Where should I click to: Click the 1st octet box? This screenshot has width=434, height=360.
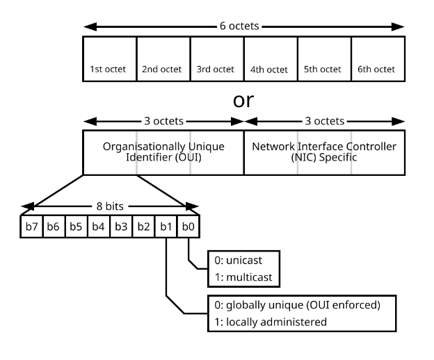coord(110,59)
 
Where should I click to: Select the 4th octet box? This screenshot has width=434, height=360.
coord(271,59)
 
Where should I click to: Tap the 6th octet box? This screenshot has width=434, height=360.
coord(378,59)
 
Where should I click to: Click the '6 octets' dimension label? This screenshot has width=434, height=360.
coord(239,26)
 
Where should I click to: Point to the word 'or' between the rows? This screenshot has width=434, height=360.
coord(243,100)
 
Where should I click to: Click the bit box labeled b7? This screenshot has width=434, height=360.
coord(31,227)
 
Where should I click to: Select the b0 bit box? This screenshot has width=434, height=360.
coord(188,227)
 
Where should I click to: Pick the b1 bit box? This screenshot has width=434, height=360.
coord(166,227)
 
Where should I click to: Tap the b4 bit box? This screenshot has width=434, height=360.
coord(99,227)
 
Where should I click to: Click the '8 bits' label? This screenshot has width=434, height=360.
coord(110,206)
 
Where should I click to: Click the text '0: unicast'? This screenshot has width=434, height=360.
coord(238,261)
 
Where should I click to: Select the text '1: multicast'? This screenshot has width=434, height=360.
coord(243,277)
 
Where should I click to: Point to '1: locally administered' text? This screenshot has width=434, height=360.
coord(271,322)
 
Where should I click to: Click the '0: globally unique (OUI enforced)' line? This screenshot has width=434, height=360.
coord(297,305)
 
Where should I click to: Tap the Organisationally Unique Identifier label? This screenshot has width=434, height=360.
coord(163,152)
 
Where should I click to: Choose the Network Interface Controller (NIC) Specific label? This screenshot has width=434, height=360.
coord(324,152)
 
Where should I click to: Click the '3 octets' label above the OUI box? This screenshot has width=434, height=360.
coord(164,121)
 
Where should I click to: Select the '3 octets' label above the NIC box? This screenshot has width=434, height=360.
coord(325,121)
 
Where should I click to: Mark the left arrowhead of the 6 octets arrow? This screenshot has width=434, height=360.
coord(90,27)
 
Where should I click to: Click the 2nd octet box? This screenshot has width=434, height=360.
coord(163,59)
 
